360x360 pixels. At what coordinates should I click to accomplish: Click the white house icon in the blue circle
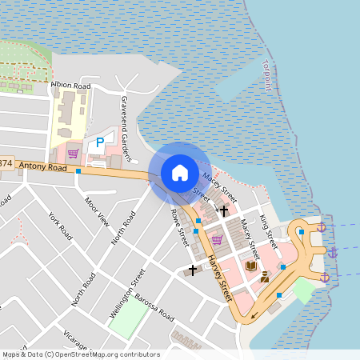(180, 173)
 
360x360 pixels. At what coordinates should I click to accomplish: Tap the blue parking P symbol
(100, 142)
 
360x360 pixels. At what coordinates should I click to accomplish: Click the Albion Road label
(70, 84)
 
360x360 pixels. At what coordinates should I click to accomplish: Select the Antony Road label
(43, 166)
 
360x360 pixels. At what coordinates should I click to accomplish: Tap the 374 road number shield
(6, 164)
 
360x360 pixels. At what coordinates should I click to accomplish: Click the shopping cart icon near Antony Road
(73, 154)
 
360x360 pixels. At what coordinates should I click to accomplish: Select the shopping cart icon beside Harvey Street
(216, 240)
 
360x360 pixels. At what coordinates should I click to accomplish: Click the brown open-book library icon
(251, 266)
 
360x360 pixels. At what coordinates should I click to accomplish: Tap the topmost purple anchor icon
(322, 228)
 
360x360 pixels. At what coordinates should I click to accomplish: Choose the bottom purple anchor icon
(325, 278)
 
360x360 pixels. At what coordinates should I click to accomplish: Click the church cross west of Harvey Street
(193, 270)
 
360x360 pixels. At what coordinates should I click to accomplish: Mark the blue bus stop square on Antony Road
(79, 170)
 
